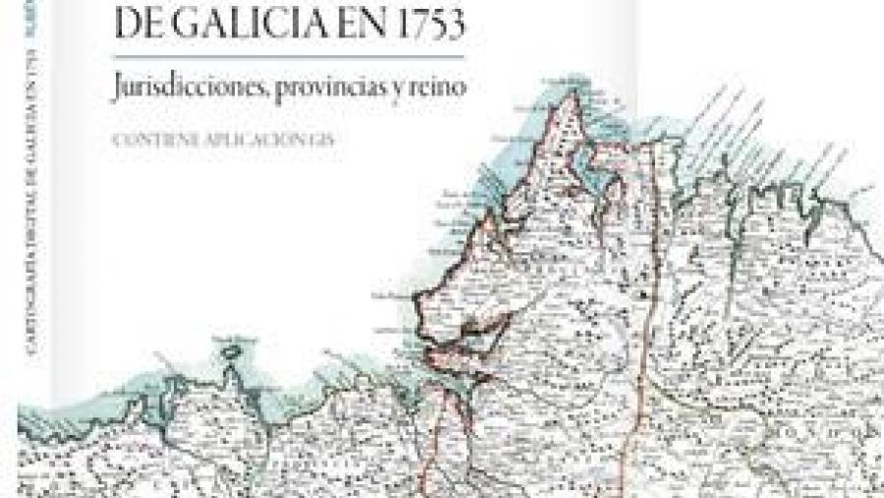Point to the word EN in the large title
[343, 21]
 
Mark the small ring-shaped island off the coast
[233, 345]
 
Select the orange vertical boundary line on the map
[639, 324]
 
